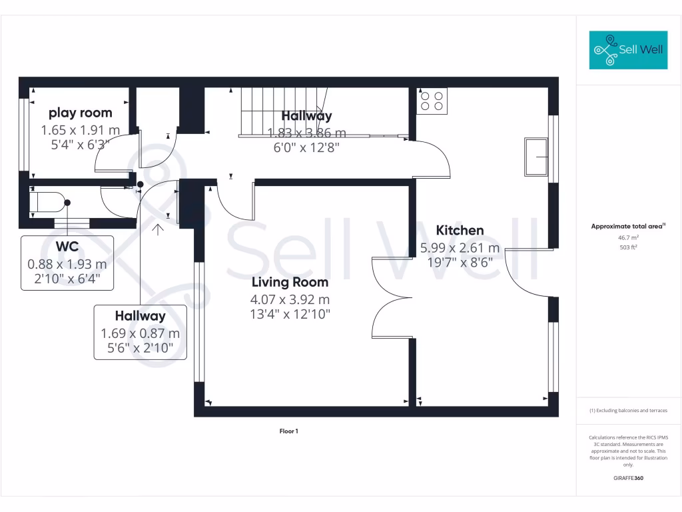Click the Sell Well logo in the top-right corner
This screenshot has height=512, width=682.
click(x=628, y=50)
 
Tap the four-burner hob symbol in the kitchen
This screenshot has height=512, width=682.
click(x=432, y=100)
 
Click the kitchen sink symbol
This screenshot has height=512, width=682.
click(x=535, y=157)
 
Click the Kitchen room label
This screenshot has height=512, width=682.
click(x=460, y=231)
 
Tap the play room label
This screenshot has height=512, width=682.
click(x=81, y=113)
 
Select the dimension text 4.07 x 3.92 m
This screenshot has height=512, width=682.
click(x=290, y=300)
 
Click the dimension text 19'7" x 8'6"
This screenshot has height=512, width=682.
click(x=460, y=262)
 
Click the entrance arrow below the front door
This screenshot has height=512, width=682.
click(x=158, y=231)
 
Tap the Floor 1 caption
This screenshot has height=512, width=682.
click(x=288, y=431)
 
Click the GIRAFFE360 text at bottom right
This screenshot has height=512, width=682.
click(x=628, y=478)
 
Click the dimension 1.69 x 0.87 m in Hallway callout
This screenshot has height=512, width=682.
click(x=140, y=333)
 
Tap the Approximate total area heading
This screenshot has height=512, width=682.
click(x=627, y=227)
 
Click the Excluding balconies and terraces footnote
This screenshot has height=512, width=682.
click(x=628, y=411)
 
